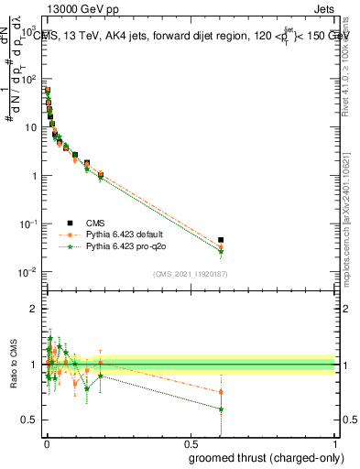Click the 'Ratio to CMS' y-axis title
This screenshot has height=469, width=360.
click(x=13, y=365)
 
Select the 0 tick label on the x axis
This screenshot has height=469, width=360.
click(x=46, y=443)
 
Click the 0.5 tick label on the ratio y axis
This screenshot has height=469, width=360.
click(x=29, y=420)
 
